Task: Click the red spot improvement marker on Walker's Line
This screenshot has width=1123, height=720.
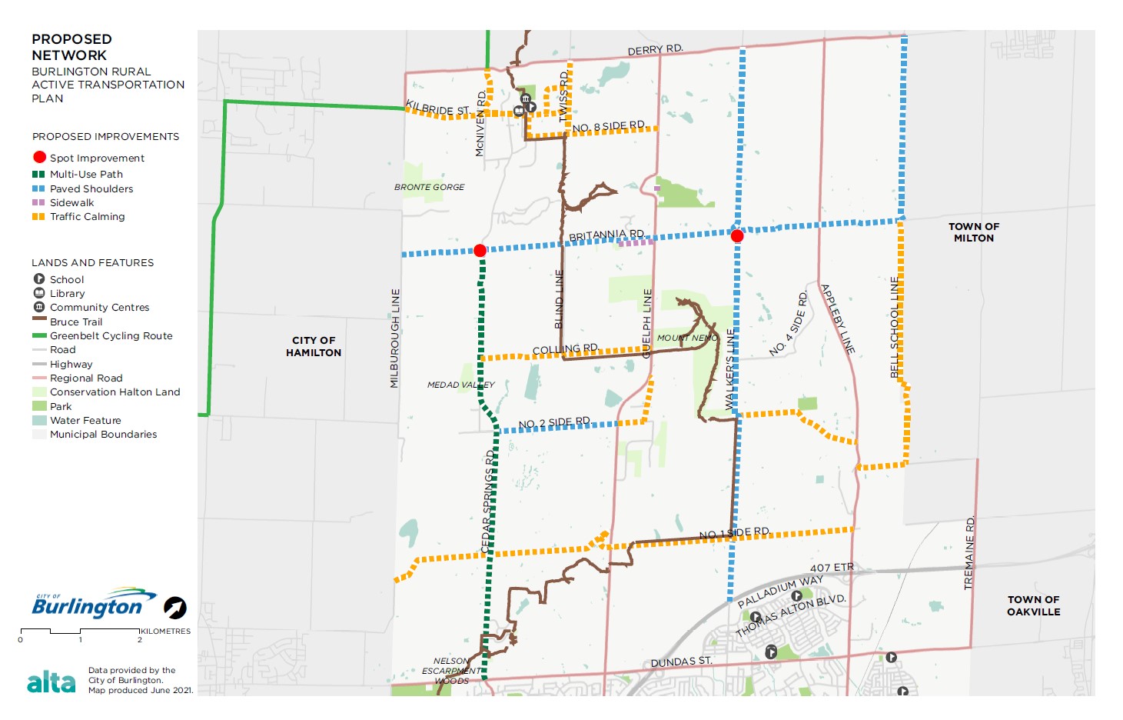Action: click(x=737, y=235)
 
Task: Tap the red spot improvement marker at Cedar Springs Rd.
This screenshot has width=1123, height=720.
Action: click(x=480, y=250)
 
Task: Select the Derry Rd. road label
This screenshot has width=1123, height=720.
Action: click(x=655, y=50)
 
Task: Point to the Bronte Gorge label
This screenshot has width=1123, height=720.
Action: click(x=429, y=187)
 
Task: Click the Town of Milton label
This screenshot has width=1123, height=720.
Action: click(x=973, y=232)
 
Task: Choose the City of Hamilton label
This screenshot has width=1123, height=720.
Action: click(x=314, y=346)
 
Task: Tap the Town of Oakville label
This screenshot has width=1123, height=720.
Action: click(x=1033, y=605)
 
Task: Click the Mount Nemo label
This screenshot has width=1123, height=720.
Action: click(x=686, y=338)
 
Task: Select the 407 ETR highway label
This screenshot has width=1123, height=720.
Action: click(x=832, y=568)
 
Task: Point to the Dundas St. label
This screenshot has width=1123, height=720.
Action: click(x=681, y=662)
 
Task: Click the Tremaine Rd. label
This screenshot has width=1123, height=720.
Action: click(x=969, y=552)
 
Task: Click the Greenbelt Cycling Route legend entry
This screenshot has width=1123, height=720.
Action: click(x=111, y=336)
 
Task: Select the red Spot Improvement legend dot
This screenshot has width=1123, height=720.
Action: click(x=40, y=158)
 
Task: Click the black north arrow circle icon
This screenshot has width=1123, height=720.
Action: click(x=175, y=608)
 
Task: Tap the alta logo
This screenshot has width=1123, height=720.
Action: click(x=51, y=682)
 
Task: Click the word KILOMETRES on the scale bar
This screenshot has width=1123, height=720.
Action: click(x=165, y=632)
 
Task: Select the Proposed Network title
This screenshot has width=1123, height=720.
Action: click(x=71, y=47)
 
